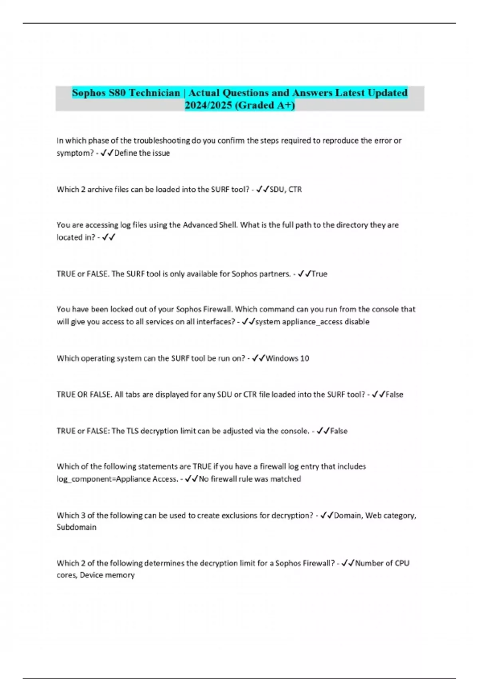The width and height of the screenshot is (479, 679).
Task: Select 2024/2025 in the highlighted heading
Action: point(208,105)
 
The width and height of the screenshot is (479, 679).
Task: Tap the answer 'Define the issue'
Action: point(142,153)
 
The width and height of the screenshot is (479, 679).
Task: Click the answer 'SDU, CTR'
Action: point(286,189)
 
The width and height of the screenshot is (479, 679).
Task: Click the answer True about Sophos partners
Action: point(319,274)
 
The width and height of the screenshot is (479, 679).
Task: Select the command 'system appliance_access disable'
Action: point(312,322)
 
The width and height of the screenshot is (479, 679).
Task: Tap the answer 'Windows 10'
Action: point(287,358)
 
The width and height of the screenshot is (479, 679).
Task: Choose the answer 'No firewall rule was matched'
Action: point(250,479)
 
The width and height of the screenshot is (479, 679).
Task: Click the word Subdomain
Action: point(77,527)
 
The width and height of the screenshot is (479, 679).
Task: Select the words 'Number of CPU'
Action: point(382,563)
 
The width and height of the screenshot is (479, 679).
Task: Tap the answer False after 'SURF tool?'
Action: point(394,395)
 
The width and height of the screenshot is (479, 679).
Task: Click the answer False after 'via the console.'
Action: point(339,431)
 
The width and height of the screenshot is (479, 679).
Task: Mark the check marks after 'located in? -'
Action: point(109,237)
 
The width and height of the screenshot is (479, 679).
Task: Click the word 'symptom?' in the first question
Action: point(75,153)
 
